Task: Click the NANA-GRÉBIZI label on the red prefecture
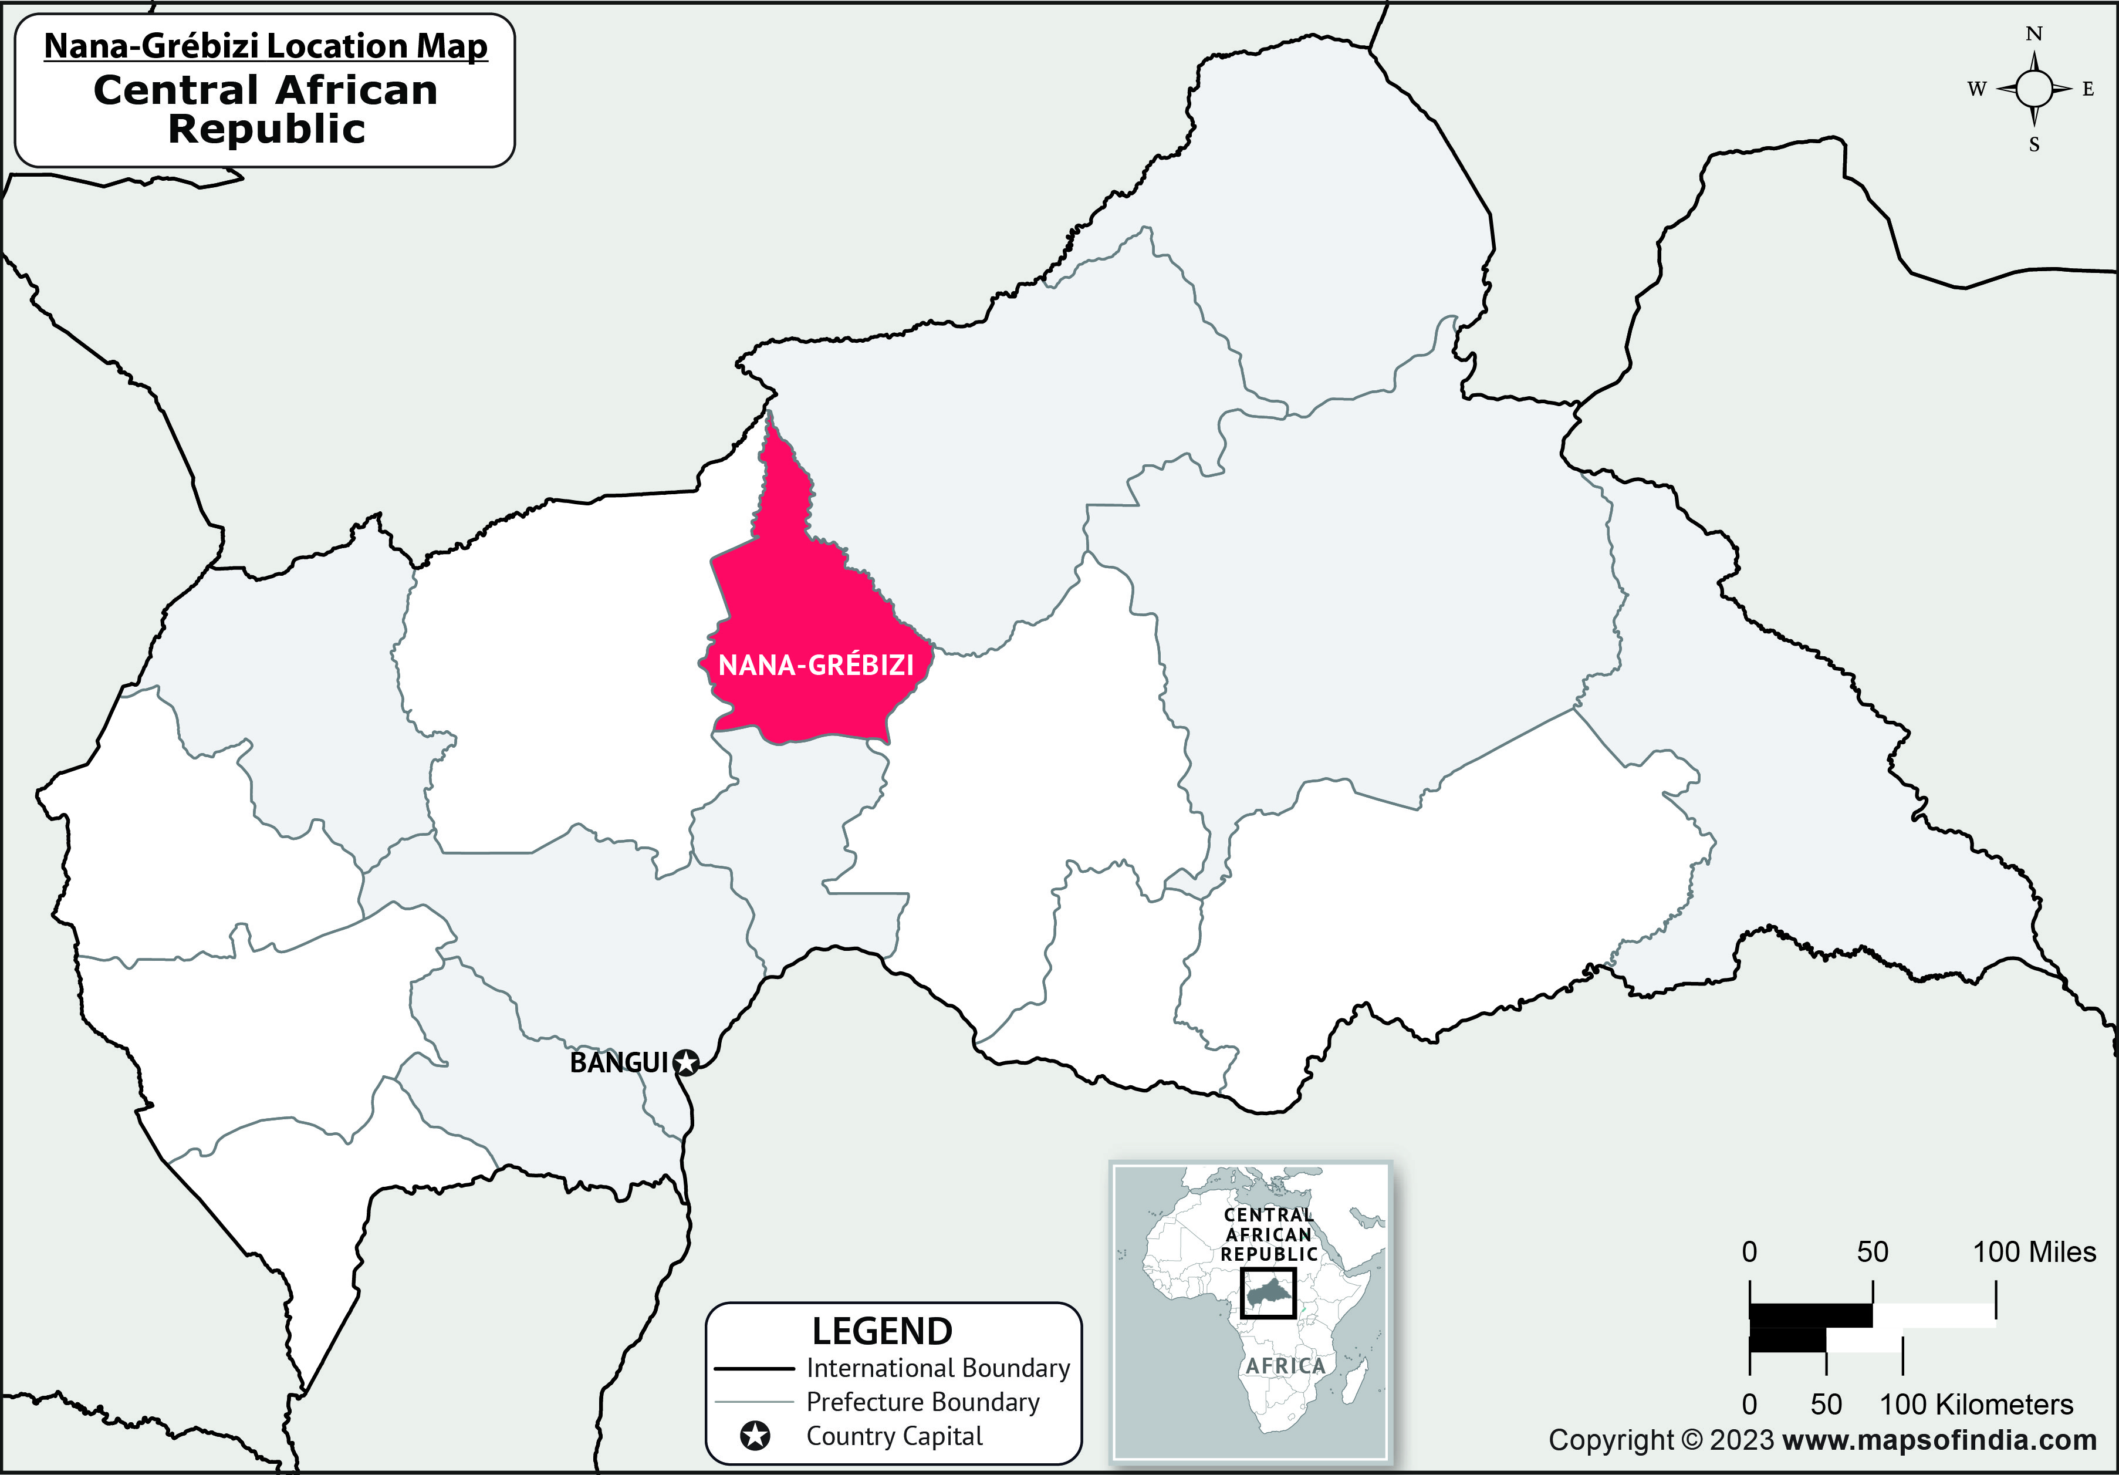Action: [x=816, y=664]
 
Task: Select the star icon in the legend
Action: [x=755, y=1436]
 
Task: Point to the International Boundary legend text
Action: [x=938, y=1368]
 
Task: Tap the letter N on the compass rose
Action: [x=2034, y=34]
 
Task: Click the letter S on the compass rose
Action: [x=2034, y=145]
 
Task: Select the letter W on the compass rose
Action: [x=1976, y=90]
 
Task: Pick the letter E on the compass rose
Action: [x=2088, y=90]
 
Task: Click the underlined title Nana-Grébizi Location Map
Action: [x=266, y=46]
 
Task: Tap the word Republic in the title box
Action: [x=266, y=129]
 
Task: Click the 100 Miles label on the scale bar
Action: [x=2034, y=1253]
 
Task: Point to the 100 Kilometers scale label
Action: [x=1976, y=1405]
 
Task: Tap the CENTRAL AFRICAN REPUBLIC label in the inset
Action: [x=1269, y=1234]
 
